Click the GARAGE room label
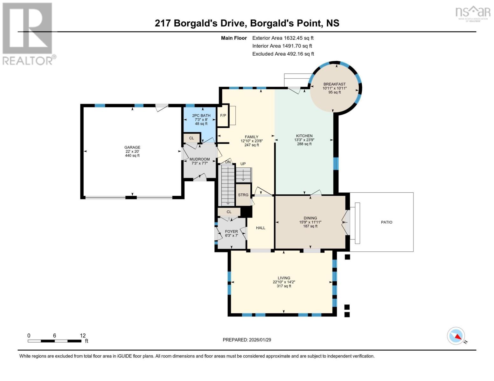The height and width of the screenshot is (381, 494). [x=132, y=147]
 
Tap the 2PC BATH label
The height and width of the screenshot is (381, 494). [x=201, y=116]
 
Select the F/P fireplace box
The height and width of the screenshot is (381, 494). [x=223, y=116]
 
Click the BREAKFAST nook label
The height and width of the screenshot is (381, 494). [x=334, y=84]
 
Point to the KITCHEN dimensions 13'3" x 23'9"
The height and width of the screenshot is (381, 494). [x=304, y=140]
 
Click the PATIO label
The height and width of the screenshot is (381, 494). [x=386, y=222]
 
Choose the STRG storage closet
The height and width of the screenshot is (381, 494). [x=243, y=195]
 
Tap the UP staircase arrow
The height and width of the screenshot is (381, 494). [x=243, y=175]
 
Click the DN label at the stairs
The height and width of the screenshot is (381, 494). [x=228, y=162]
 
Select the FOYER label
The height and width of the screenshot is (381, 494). [x=231, y=231]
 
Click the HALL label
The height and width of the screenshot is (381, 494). [x=261, y=228]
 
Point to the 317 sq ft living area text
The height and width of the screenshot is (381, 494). [x=284, y=286]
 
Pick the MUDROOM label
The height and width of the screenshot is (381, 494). [x=199, y=159]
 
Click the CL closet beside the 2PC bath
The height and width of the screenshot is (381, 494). [x=191, y=138]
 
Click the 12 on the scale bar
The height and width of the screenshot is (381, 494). [x=83, y=336]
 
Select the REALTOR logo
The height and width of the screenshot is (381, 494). [x=28, y=33]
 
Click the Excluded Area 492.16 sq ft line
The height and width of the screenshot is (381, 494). [x=283, y=54]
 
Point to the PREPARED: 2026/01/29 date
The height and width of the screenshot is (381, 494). [x=247, y=340]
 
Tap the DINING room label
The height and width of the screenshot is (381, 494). [x=310, y=218]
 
